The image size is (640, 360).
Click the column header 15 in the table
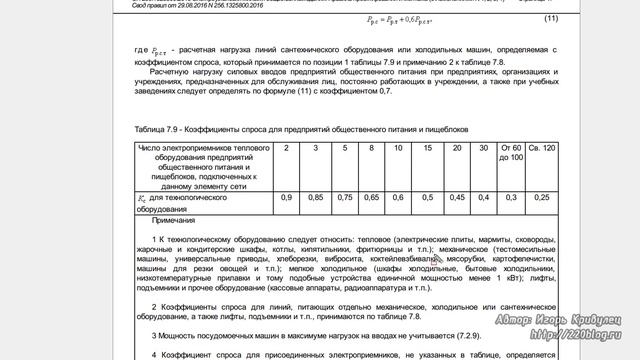427,149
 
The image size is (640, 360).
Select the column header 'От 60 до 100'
511,153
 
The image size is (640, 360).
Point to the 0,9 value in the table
287,198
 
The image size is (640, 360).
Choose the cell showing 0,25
542,198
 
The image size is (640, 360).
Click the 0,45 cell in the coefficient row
456,198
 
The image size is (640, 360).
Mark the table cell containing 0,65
372,198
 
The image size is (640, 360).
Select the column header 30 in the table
484,149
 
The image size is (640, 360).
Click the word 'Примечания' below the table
176,220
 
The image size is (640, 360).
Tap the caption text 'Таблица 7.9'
157,129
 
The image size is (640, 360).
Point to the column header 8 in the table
372,149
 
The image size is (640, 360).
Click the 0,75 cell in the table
344,198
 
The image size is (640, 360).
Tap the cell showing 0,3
511,198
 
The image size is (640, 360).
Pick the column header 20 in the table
456,149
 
